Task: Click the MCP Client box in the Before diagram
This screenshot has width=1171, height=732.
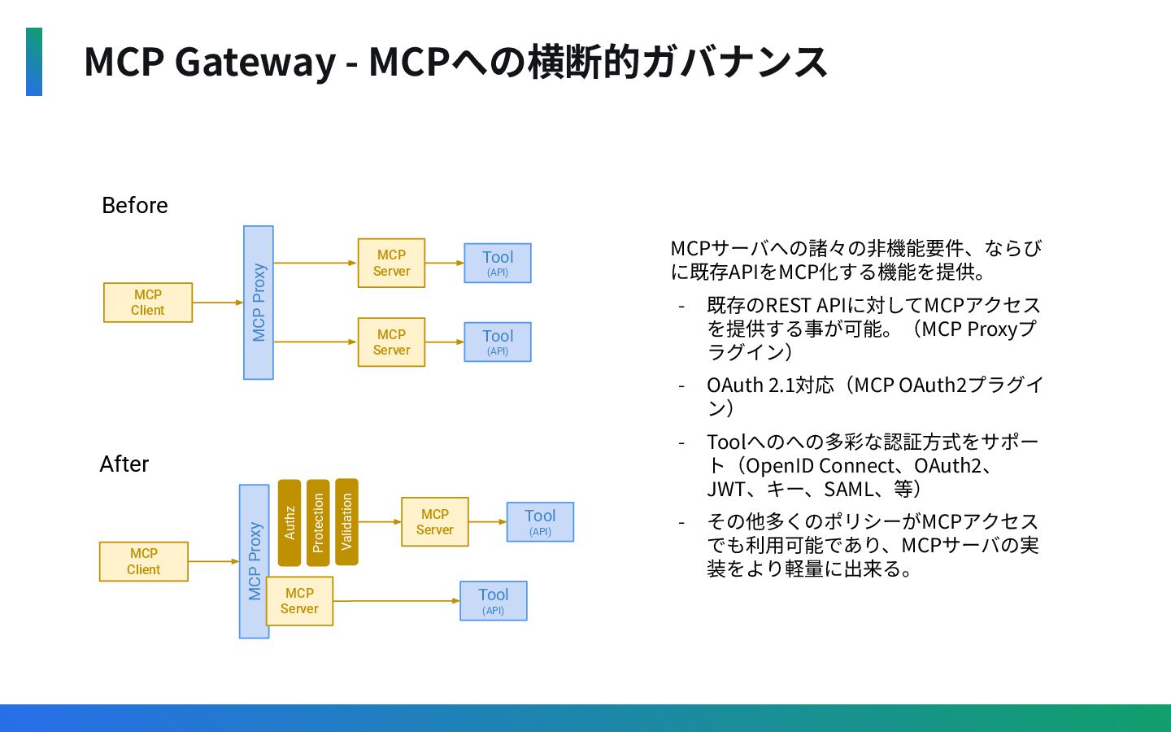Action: pos(148,303)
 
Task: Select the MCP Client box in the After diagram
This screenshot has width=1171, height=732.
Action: pos(144,561)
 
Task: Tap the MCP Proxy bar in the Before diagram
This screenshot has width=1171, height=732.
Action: pos(259,303)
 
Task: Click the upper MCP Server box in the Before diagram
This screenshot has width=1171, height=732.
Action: pos(392,263)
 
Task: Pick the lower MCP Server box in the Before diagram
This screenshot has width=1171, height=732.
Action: pos(392,342)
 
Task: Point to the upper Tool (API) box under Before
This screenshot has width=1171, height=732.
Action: pos(498,263)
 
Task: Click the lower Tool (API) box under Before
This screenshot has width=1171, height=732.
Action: pos(498,342)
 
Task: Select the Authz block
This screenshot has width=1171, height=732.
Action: pos(289,523)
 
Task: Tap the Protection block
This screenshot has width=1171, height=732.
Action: pos(318,523)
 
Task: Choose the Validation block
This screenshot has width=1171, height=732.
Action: pos(346,522)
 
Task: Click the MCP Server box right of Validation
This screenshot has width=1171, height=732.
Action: pos(435,522)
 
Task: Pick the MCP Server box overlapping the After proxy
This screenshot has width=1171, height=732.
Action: pos(299,601)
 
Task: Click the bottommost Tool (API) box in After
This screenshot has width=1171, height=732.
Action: pos(494,601)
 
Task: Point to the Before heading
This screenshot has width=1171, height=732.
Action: pos(135,206)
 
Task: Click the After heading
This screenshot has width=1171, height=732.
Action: pos(124,464)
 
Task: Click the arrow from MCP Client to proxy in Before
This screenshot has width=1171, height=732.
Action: pos(218,303)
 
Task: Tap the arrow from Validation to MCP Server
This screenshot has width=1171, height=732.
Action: pos(380,522)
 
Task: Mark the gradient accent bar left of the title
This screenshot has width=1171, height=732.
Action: pos(34,62)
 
